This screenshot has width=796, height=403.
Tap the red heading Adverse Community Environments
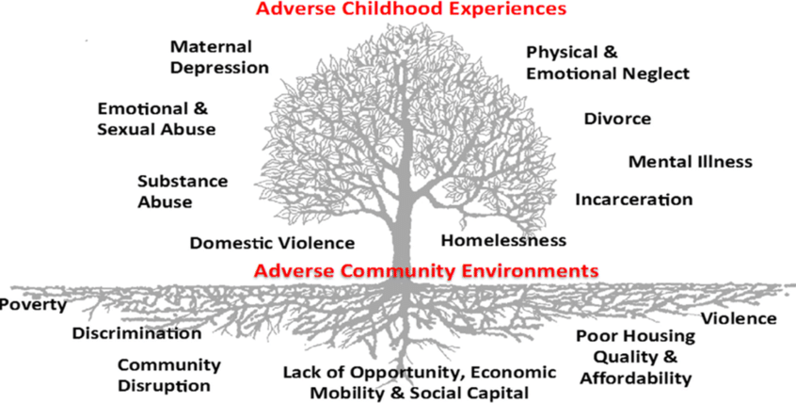click(x=426, y=270)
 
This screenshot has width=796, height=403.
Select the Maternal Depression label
click(x=219, y=56)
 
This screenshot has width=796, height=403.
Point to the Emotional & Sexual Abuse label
click(x=156, y=119)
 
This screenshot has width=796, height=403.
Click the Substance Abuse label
click(x=182, y=191)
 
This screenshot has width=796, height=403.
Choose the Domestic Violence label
click(x=272, y=243)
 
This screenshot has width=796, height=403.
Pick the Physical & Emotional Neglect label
click(x=608, y=62)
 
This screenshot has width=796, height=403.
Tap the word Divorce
click(x=617, y=119)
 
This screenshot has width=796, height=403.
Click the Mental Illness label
click(x=690, y=161)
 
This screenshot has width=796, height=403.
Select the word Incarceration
click(x=633, y=200)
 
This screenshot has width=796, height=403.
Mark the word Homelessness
click(x=503, y=239)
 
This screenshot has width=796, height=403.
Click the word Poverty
click(x=34, y=304)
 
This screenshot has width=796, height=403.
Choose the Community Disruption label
click(x=168, y=375)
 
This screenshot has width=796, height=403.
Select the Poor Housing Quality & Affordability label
click(x=636, y=357)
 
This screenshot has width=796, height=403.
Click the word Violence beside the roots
click(x=739, y=318)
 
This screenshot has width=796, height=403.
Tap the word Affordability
click(x=636, y=379)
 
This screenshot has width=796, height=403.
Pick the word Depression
click(x=219, y=67)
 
